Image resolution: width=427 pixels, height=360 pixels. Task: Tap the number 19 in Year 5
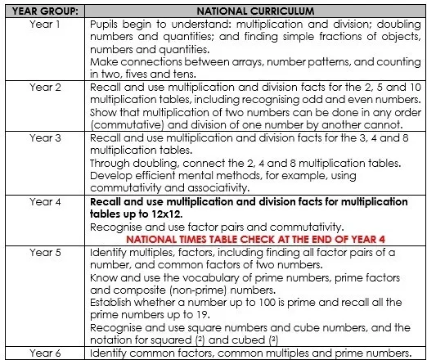coord(209,314)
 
